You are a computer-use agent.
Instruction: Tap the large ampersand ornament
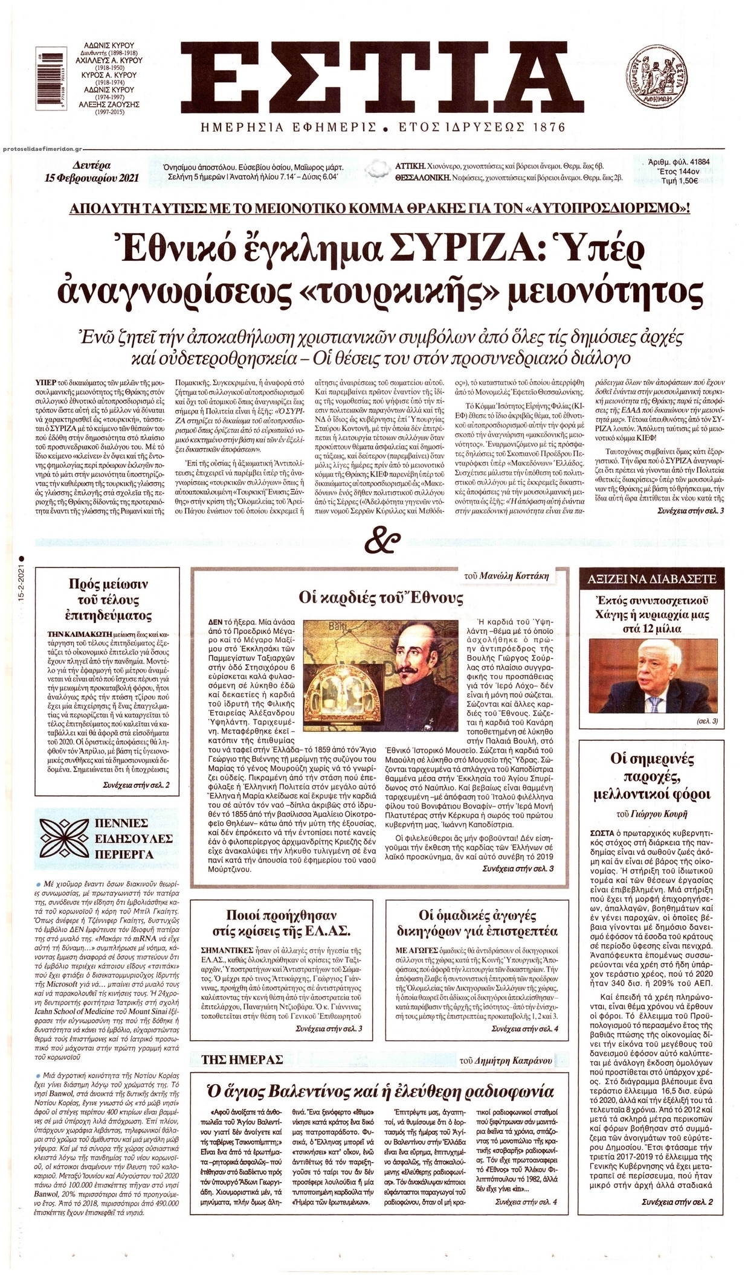375,540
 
